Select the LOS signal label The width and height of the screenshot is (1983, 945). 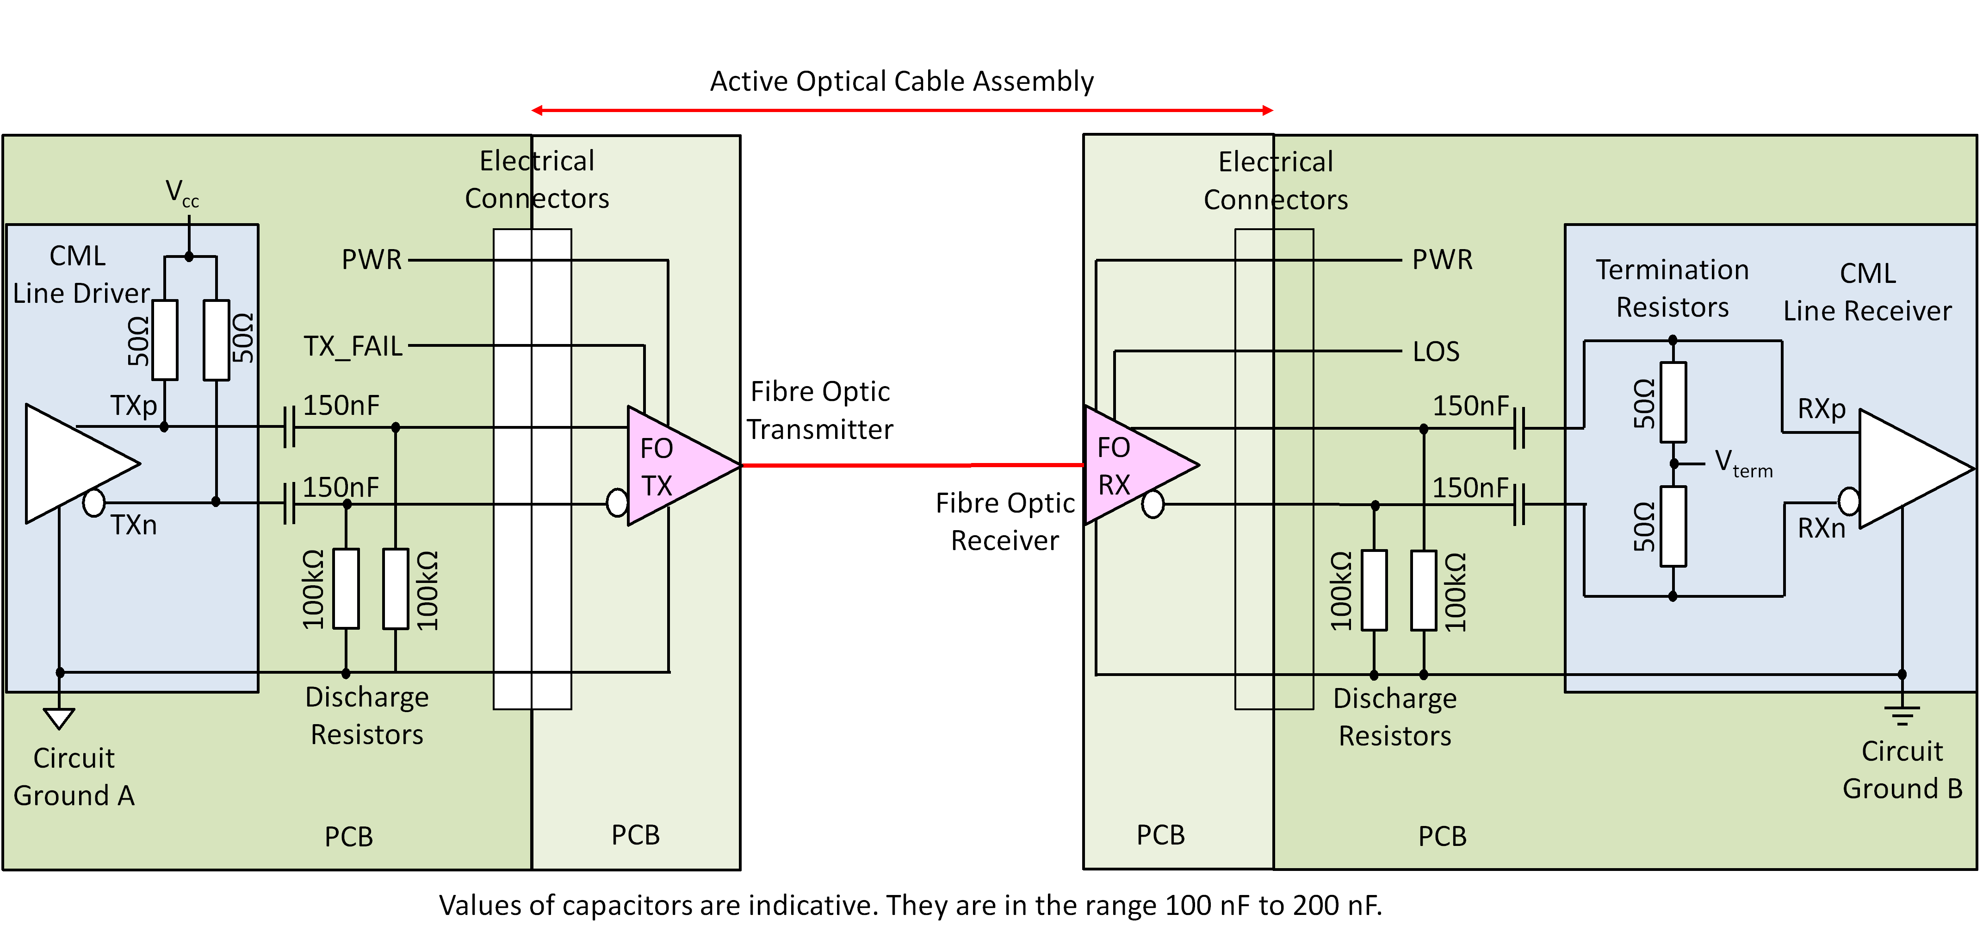[1436, 352]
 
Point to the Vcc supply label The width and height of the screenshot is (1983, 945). [182, 193]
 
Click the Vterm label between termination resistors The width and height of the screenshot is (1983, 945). [1743, 463]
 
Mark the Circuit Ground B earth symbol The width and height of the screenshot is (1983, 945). [1902, 715]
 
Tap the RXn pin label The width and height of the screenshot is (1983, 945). [1822, 528]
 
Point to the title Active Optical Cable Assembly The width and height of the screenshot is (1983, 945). [901, 81]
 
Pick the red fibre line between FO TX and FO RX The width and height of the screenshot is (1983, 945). [912, 465]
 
